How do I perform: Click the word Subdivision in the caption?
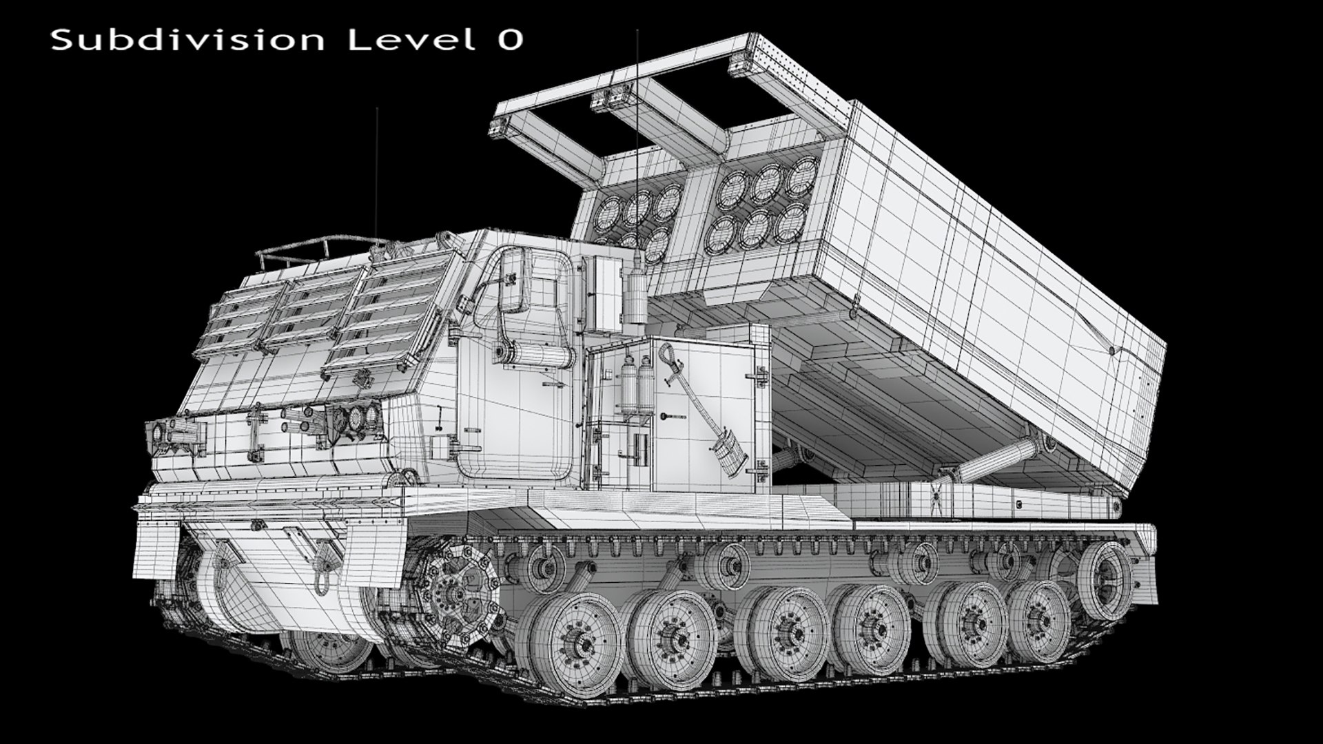coord(187,40)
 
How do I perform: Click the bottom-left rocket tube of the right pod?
coord(724,235)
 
